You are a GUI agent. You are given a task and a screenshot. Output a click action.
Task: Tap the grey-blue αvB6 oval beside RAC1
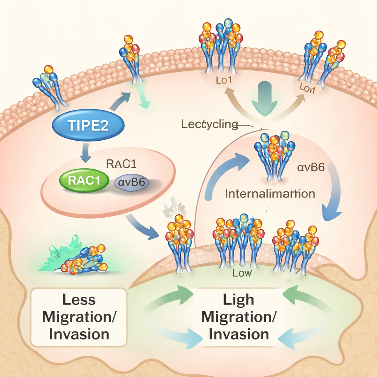click(x=132, y=182)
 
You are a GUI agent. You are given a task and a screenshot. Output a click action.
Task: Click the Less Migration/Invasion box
click(x=79, y=317)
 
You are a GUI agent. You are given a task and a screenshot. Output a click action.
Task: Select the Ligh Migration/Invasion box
click(x=239, y=317)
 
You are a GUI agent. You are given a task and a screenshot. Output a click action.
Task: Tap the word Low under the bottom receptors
click(x=242, y=273)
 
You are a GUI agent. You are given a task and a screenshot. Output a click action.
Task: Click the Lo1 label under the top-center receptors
click(x=224, y=80)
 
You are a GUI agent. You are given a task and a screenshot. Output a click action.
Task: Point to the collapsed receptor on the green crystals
click(x=84, y=260)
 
